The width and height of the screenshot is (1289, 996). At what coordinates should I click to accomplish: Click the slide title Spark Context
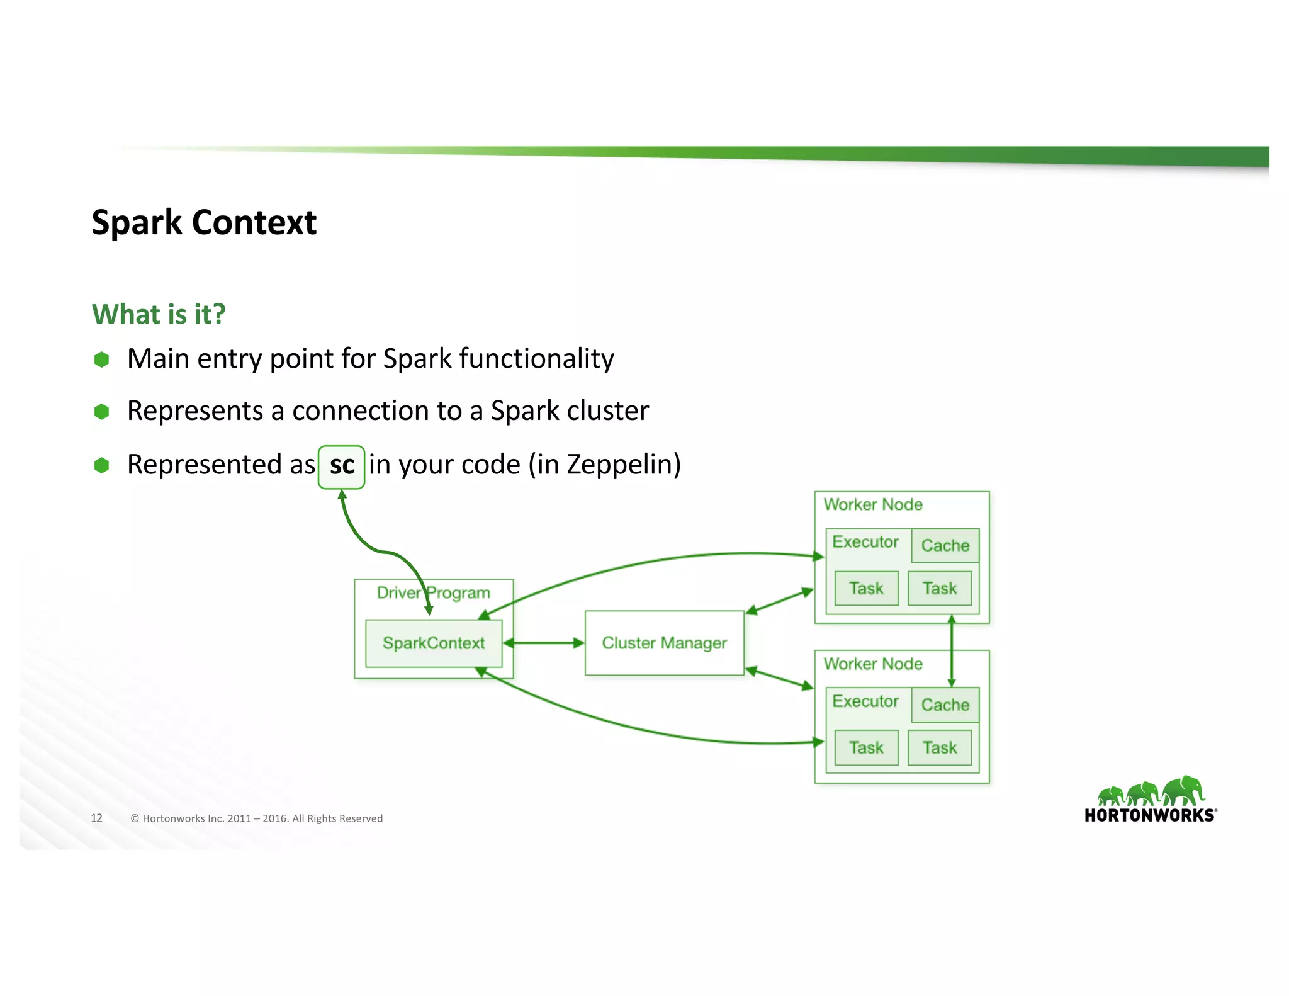click(203, 222)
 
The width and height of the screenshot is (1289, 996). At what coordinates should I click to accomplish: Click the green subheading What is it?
click(159, 314)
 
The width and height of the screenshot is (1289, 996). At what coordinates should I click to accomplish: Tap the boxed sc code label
click(341, 467)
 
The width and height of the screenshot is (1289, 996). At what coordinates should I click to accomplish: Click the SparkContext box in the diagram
click(434, 643)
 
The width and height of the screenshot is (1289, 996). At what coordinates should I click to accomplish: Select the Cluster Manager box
click(664, 643)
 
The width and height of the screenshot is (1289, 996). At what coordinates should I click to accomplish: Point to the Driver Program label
click(433, 592)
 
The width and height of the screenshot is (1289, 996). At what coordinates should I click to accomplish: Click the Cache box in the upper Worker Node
click(945, 545)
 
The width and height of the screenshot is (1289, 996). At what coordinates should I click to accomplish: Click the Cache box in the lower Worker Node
click(945, 705)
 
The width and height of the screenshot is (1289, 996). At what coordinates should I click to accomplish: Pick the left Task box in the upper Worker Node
click(866, 588)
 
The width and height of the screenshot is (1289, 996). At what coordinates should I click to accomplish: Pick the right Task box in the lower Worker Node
click(939, 747)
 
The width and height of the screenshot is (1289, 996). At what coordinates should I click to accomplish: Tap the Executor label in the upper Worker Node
click(865, 541)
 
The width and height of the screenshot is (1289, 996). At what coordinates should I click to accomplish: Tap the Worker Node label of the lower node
click(872, 664)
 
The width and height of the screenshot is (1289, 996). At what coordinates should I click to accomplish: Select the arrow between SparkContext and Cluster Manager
click(544, 643)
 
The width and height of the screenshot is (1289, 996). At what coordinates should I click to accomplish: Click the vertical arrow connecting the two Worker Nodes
click(951, 651)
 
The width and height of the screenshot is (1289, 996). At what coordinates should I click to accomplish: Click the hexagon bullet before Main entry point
click(101, 359)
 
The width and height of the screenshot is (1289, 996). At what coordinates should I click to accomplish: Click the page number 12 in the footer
click(96, 818)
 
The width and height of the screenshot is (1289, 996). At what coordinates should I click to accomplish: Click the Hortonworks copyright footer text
click(256, 818)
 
